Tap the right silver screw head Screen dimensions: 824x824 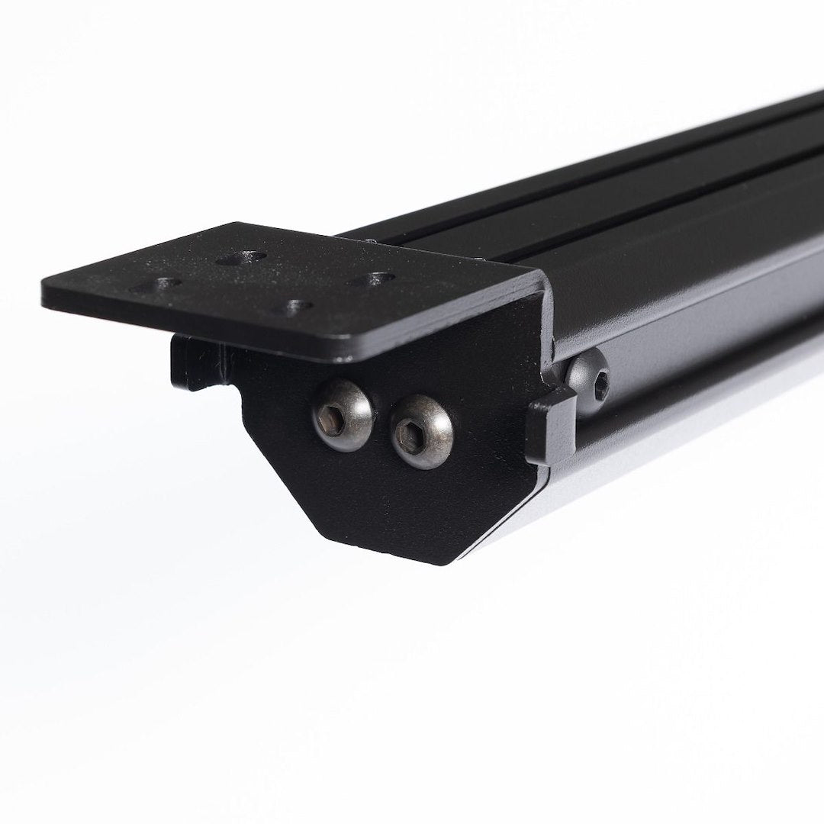coord(422,435)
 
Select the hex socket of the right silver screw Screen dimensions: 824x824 coord(418,434)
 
